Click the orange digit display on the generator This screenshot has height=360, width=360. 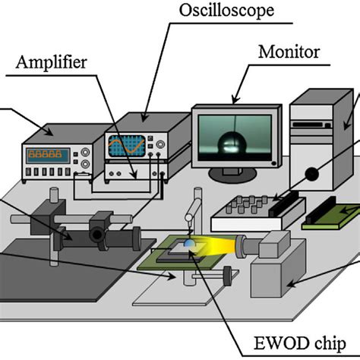47,156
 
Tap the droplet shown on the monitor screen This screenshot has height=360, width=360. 230,142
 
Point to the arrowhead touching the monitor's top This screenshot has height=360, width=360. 234,102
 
